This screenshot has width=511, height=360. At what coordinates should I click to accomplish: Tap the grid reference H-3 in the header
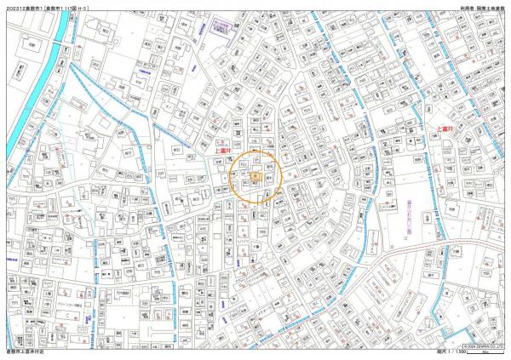pyautogui.click(x=84, y=7)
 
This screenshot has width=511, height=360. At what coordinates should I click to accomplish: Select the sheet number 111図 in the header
pyautogui.click(x=70, y=7)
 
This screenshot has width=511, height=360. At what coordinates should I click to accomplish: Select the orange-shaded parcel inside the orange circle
pyautogui.click(x=253, y=174)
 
